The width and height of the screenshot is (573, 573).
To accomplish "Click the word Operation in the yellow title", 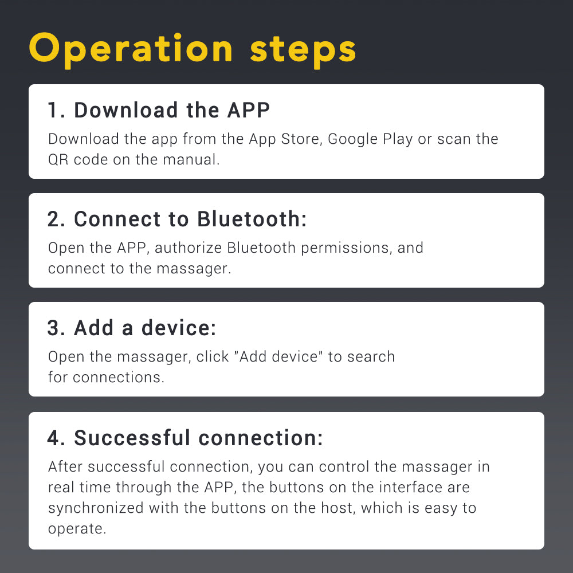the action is pos(131,50).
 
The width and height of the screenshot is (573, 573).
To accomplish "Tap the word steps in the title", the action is pos(303,51).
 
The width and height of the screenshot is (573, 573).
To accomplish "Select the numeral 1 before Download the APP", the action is pos(53,110).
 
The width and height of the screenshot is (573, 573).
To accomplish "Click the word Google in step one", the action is pos(352,139).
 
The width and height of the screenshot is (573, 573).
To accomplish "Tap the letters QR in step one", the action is pos(58,160).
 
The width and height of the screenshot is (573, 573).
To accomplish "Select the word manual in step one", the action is pos(190,159).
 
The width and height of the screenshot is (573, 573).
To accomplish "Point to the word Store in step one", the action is pos(300,139).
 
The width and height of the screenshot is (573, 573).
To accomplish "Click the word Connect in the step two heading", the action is pos(117,219).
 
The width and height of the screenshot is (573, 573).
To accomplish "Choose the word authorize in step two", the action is pos(188,248).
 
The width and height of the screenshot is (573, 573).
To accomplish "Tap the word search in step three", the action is pos(371,356).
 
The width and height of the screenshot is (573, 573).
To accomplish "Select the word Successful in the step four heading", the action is pos(132,438).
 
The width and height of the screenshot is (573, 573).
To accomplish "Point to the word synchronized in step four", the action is pos(96,508).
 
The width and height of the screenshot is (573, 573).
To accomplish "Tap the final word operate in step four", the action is pos(77,529).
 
